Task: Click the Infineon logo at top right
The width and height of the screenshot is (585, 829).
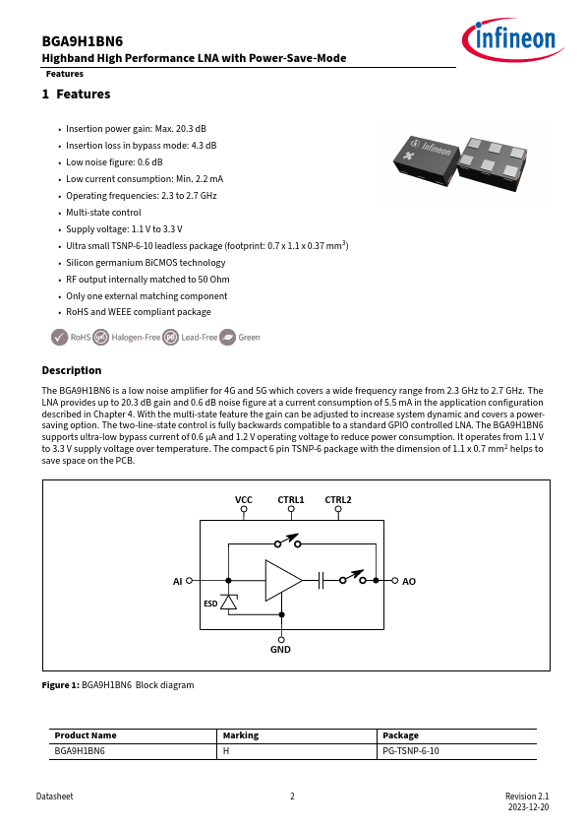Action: click(x=512, y=39)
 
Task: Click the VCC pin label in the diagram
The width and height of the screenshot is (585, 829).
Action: click(x=244, y=499)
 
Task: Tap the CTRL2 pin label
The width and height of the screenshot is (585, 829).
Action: click(x=338, y=499)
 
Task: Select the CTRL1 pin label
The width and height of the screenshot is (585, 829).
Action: click(x=291, y=499)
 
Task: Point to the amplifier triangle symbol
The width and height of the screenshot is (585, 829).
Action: click(x=283, y=581)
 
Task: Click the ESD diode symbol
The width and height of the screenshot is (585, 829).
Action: click(x=229, y=602)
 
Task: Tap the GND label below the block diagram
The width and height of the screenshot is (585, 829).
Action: click(x=280, y=649)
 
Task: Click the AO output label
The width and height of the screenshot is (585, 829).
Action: click(x=409, y=582)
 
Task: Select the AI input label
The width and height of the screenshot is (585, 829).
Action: click(x=177, y=582)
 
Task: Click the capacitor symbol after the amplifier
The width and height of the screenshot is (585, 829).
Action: click(x=321, y=581)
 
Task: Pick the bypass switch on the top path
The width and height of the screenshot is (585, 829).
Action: click(x=287, y=541)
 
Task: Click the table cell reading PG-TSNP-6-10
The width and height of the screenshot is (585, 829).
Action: click(x=411, y=751)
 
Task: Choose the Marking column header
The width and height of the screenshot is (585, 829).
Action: click(x=241, y=735)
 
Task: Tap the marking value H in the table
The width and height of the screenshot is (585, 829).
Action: click(x=226, y=751)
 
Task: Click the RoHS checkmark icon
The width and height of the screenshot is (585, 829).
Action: click(x=60, y=338)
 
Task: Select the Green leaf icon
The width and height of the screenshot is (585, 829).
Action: click(x=227, y=338)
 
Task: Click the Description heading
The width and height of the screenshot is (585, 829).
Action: click(x=71, y=370)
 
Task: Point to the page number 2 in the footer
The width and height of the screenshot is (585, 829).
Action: click(x=293, y=797)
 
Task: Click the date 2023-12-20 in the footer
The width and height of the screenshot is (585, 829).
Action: click(x=529, y=807)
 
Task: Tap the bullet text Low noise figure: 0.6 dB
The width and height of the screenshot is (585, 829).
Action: click(x=114, y=162)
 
